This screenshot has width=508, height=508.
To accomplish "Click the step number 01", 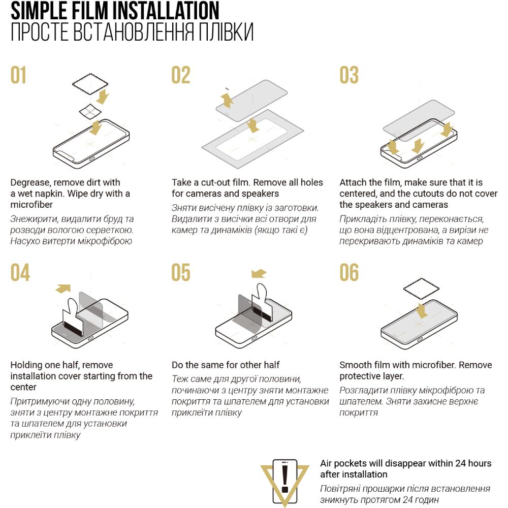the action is click(18, 75).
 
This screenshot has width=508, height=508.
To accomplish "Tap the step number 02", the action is click(181, 75).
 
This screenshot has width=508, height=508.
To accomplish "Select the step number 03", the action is click(349, 75).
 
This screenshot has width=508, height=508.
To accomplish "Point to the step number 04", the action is click(20, 272).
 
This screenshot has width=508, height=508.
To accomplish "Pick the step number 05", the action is click(181, 272).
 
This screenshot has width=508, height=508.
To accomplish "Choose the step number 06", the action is click(349, 272).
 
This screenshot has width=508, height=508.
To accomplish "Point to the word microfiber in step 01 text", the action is click(31, 205).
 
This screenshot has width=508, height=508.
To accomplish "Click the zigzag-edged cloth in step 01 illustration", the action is click(90, 84).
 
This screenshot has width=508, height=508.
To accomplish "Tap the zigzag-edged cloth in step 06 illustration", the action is click(421, 289).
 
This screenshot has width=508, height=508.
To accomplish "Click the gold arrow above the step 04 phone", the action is click(63, 289).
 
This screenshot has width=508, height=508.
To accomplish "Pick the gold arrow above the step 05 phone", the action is click(259, 274).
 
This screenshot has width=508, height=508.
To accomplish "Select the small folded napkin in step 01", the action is click(90, 112).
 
